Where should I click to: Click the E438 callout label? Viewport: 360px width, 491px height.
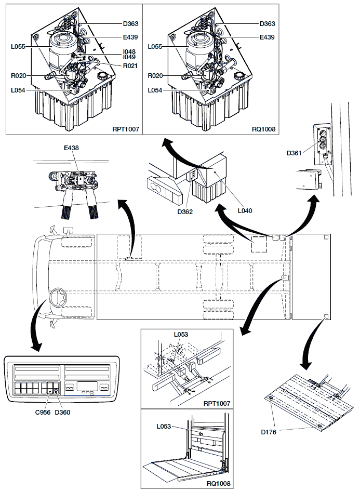click(71, 148)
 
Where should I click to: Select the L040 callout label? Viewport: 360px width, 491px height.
click(245, 211)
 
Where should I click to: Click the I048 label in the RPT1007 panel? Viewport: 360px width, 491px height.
click(130, 51)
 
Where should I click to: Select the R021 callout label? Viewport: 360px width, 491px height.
click(130, 66)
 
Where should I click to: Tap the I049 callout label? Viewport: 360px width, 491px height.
click(130, 58)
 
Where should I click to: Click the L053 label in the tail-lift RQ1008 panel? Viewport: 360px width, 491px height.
click(165, 427)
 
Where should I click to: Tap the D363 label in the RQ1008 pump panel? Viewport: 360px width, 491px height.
click(268, 24)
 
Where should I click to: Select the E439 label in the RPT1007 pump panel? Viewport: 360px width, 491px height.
click(131, 37)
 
